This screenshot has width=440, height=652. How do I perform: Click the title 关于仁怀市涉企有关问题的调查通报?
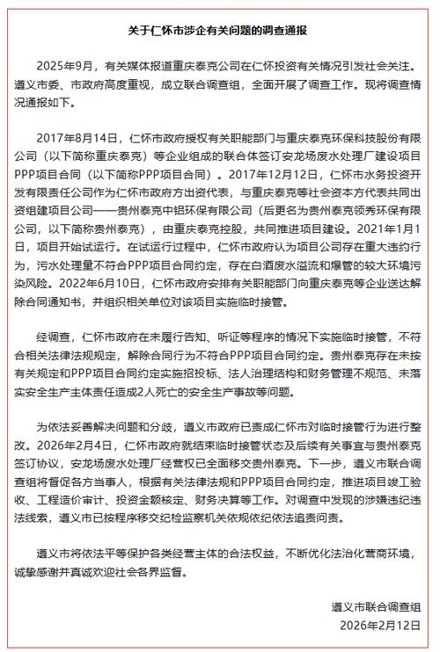[219, 30]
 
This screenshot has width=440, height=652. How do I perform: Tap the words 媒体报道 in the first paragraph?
[143, 65]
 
